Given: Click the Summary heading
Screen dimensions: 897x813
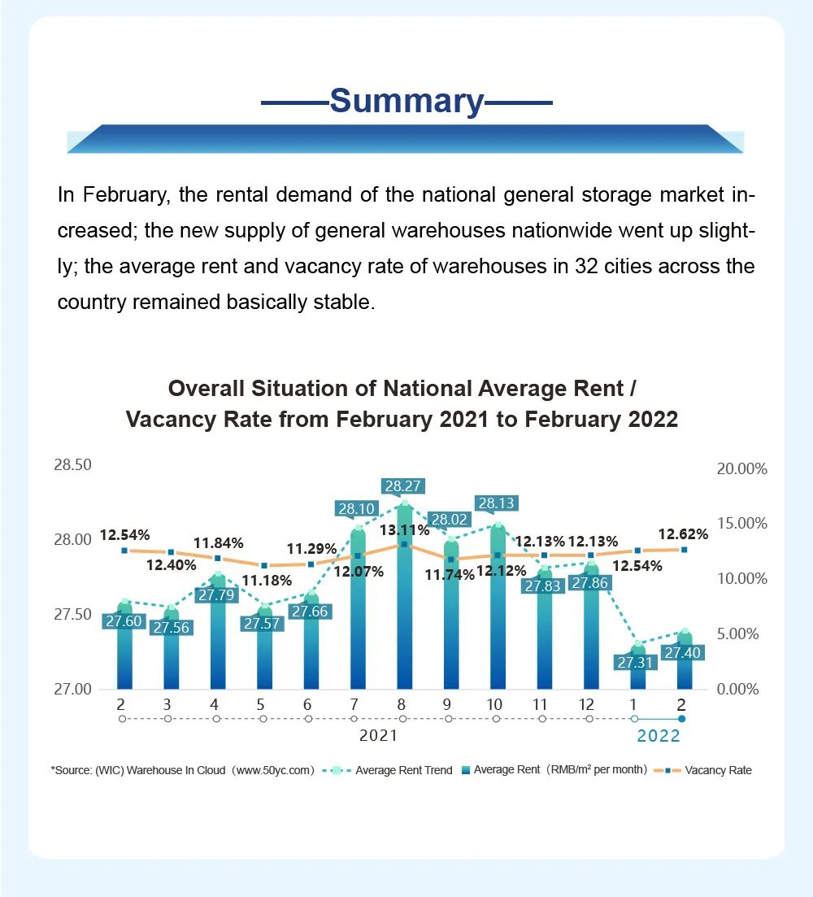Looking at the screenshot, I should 406,102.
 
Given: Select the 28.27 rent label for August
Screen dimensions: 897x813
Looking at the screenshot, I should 403,486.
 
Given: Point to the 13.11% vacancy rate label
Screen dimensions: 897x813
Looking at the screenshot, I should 404,530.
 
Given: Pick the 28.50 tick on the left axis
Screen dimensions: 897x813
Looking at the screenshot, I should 72,465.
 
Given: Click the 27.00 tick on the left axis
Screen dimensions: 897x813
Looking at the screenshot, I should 72,689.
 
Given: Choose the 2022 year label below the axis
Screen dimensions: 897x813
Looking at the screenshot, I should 658,737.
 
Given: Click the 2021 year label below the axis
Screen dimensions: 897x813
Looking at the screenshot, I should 378,737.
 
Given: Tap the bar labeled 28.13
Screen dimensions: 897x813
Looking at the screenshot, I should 497,610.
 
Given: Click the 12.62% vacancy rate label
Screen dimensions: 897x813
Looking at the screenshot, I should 683,534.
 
